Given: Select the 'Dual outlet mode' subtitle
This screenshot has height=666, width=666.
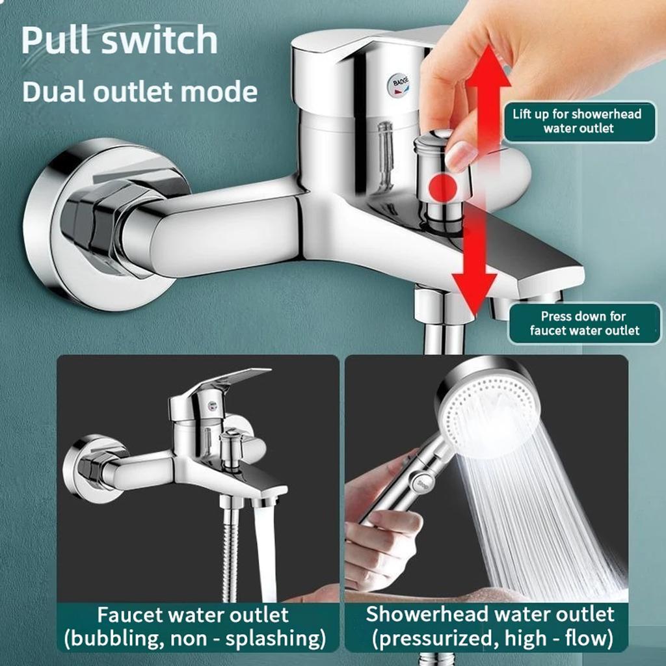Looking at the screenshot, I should [140, 91].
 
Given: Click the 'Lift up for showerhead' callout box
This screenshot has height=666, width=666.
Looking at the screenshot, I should [578, 121].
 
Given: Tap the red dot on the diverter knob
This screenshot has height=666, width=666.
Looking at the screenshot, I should [444, 187].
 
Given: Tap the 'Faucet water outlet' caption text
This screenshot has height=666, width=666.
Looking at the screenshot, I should [193, 614].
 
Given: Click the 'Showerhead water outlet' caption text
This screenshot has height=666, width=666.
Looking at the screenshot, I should [490, 614].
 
